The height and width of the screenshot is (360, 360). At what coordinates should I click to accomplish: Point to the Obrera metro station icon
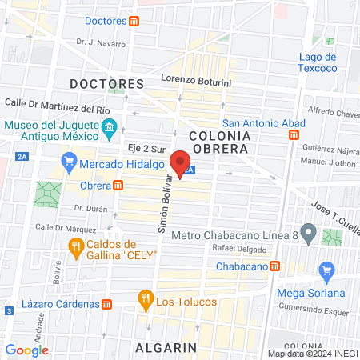(x=118, y=186)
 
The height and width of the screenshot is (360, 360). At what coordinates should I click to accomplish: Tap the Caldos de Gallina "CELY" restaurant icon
(x=76, y=248)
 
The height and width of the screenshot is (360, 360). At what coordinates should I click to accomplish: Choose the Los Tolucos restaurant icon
(x=146, y=301)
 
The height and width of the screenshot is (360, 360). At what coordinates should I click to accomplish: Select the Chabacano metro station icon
(x=274, y=266)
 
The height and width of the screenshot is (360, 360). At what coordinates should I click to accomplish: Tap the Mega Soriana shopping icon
(x=326, y=272)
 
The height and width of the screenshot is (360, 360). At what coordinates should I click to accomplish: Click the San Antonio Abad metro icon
(x=293, y=135)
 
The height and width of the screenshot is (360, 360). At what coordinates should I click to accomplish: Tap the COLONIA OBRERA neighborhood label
(x=220, y=143)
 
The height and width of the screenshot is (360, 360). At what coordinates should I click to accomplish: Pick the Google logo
(x=27, y=350)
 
